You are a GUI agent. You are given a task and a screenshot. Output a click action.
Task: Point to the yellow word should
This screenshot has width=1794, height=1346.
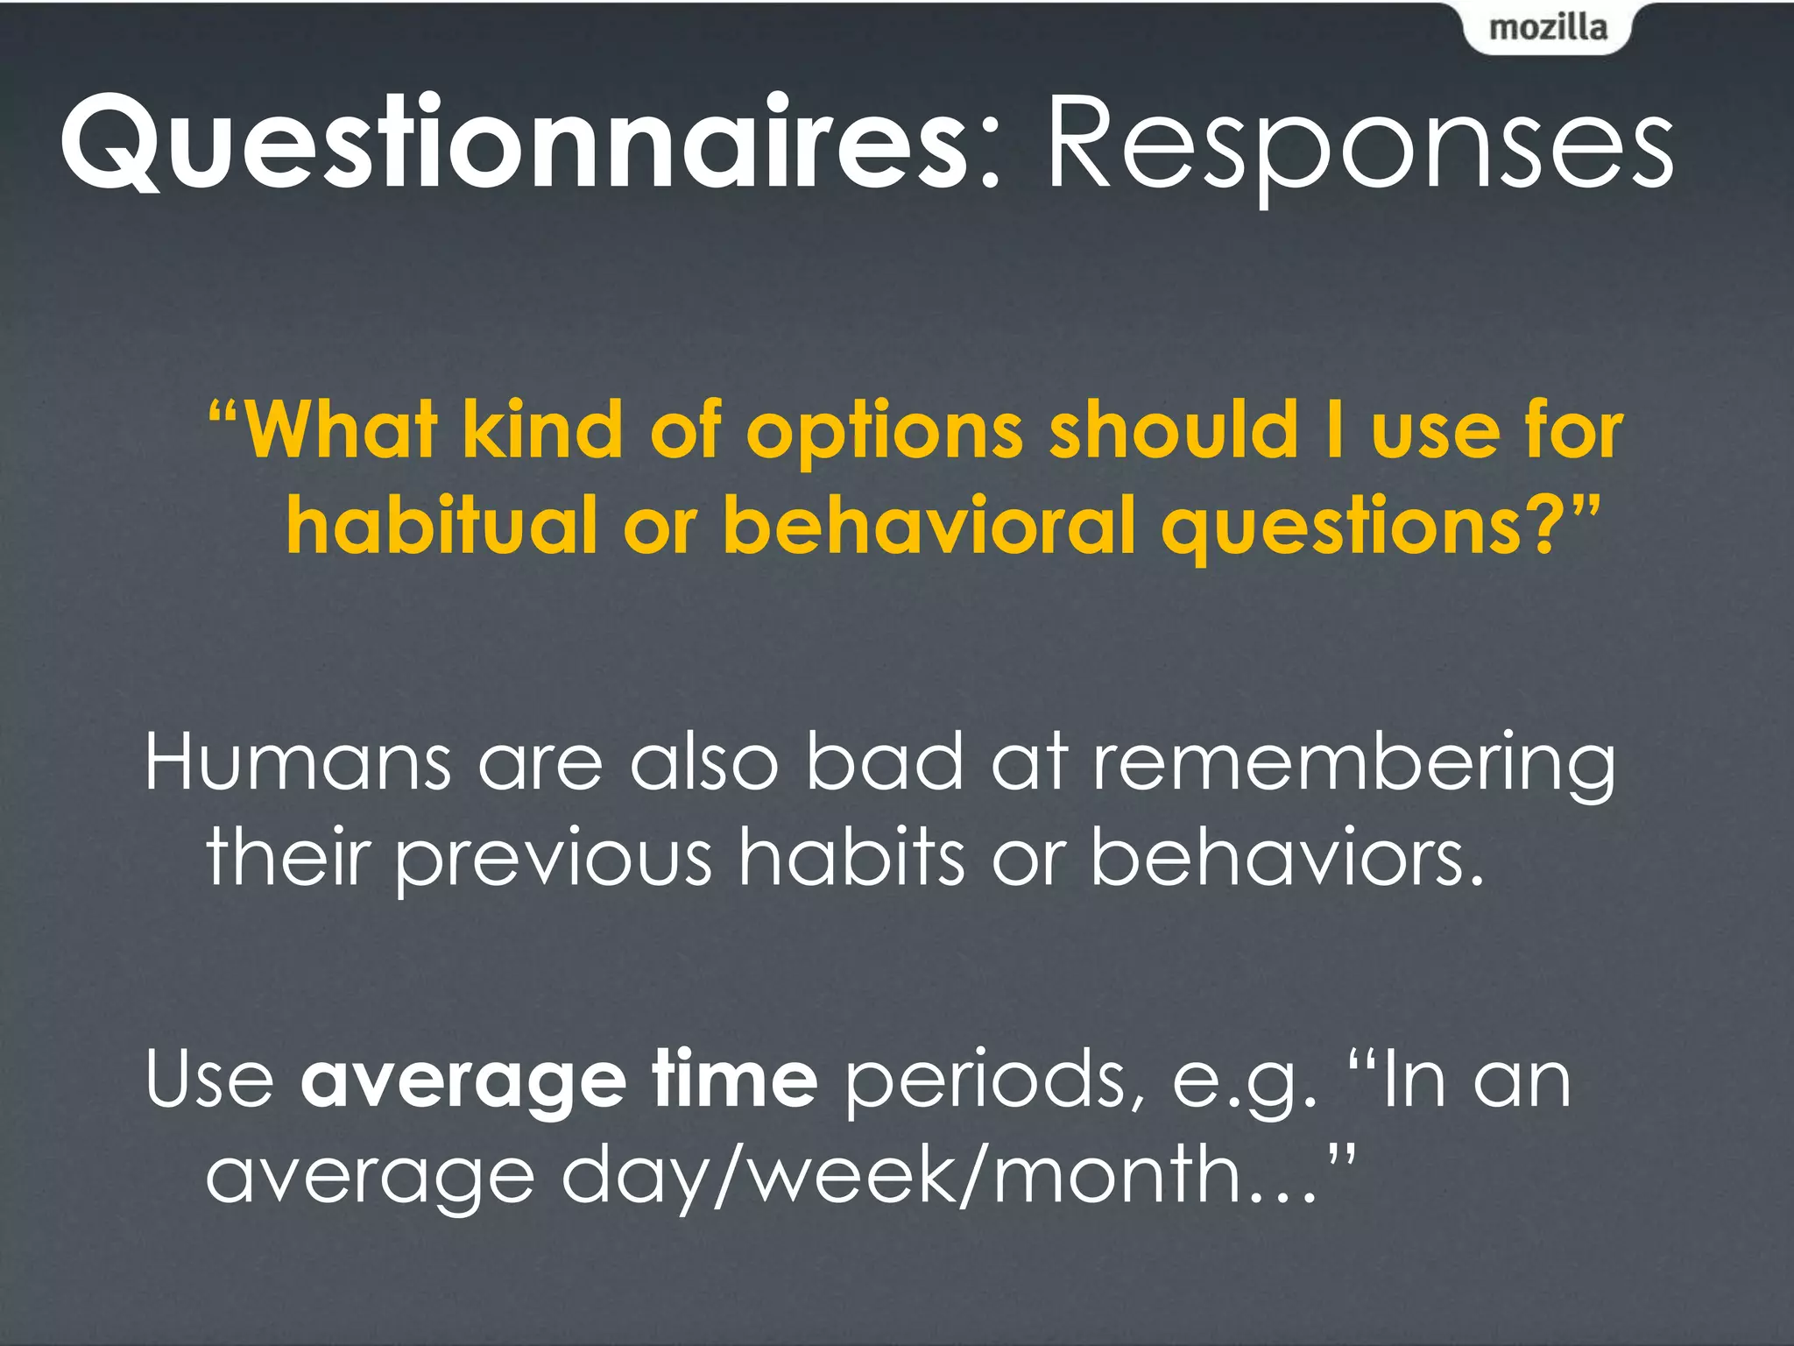coord(1174,429)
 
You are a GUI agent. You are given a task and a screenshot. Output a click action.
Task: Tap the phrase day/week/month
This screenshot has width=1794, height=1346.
coord(924,1176)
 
